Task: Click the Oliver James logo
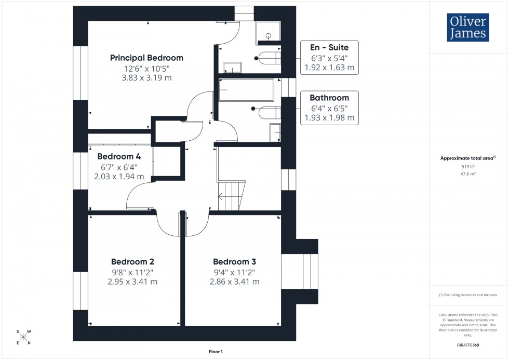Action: pos(467,28)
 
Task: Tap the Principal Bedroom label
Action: pos(146,58)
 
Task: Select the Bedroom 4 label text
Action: pos(118,156)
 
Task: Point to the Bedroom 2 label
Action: pos(132,262)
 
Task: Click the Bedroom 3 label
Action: pos(234,262)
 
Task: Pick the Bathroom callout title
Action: pos(329,98)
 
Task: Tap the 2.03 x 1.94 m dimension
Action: pos(119,177)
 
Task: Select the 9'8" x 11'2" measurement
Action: pos(132,272)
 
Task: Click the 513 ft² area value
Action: pos(468,167)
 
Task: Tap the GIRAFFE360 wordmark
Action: pos(468,344)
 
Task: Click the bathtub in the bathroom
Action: pos(246,90)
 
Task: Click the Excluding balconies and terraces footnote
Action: pos(468,295)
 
